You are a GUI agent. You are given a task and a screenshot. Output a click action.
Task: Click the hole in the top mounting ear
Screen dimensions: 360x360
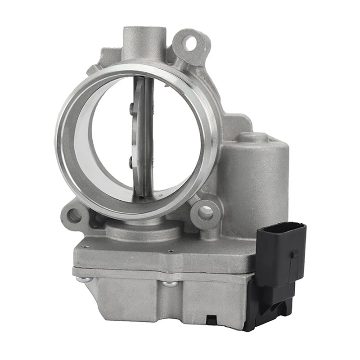[x=191, y=44]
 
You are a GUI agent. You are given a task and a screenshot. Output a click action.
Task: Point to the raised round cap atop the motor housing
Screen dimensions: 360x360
[x=254, y=137]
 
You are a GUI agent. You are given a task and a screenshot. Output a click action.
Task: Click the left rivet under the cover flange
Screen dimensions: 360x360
[x=84, y=279]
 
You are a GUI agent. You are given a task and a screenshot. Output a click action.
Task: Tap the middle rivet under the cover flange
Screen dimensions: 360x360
[x=168, y=283]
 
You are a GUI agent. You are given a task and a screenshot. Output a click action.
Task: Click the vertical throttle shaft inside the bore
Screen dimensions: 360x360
[x=145, y=135]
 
